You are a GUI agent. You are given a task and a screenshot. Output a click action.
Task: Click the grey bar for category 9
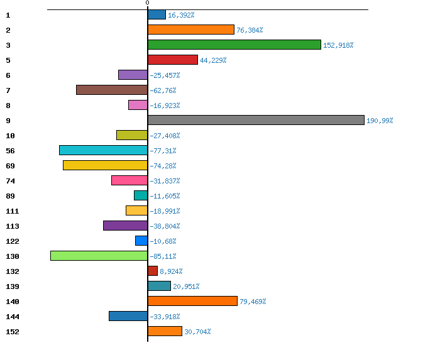click(256, 120)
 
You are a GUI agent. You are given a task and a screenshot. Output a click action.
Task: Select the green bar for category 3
click(234, 45)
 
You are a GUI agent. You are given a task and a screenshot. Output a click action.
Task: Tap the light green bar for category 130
click(99, 256)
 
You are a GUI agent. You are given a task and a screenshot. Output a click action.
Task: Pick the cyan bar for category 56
click(103, 150)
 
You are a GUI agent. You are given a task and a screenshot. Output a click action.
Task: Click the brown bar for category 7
click(112, 90)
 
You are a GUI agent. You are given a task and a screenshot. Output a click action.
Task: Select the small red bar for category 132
click(153, 271)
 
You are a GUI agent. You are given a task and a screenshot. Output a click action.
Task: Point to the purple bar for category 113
click(125, 226)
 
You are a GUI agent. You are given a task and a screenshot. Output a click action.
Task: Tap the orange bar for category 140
click(192, 301)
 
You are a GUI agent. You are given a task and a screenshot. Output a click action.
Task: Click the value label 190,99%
click(380, 121)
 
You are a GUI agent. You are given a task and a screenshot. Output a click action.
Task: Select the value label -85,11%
click(163, 256)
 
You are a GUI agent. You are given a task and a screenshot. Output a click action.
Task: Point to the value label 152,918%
click(338, 45)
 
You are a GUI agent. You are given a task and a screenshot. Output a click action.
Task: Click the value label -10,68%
click(163, 241)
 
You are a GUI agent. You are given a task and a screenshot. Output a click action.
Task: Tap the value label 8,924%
click(172, 271)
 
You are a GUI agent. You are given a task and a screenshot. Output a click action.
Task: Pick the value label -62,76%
click(163, 90)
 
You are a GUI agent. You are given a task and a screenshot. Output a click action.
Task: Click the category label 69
click(10, 166)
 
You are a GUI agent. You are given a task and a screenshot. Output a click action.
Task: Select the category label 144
click(12, 317)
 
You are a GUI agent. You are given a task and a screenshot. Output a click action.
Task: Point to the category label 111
click(12, 211)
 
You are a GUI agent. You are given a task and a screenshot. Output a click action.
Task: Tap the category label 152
click(12, 332)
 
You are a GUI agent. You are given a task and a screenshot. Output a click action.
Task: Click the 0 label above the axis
click(148, 3)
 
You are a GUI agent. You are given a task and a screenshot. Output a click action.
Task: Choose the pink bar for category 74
click(129, 180)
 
